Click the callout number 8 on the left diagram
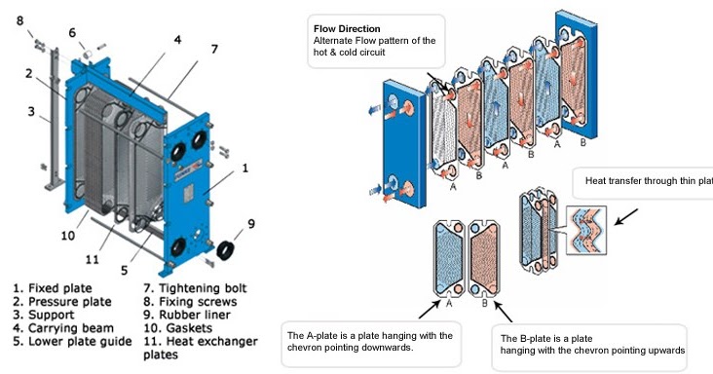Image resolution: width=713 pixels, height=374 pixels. (x=21, y=18)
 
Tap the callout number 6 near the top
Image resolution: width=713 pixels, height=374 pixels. (x=71, y=31)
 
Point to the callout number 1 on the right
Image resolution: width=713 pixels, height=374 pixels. (x=244, y=168)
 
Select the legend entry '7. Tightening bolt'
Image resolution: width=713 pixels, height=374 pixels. (x=194, y=288)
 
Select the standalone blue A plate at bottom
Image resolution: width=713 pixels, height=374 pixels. (x=449, y=257)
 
